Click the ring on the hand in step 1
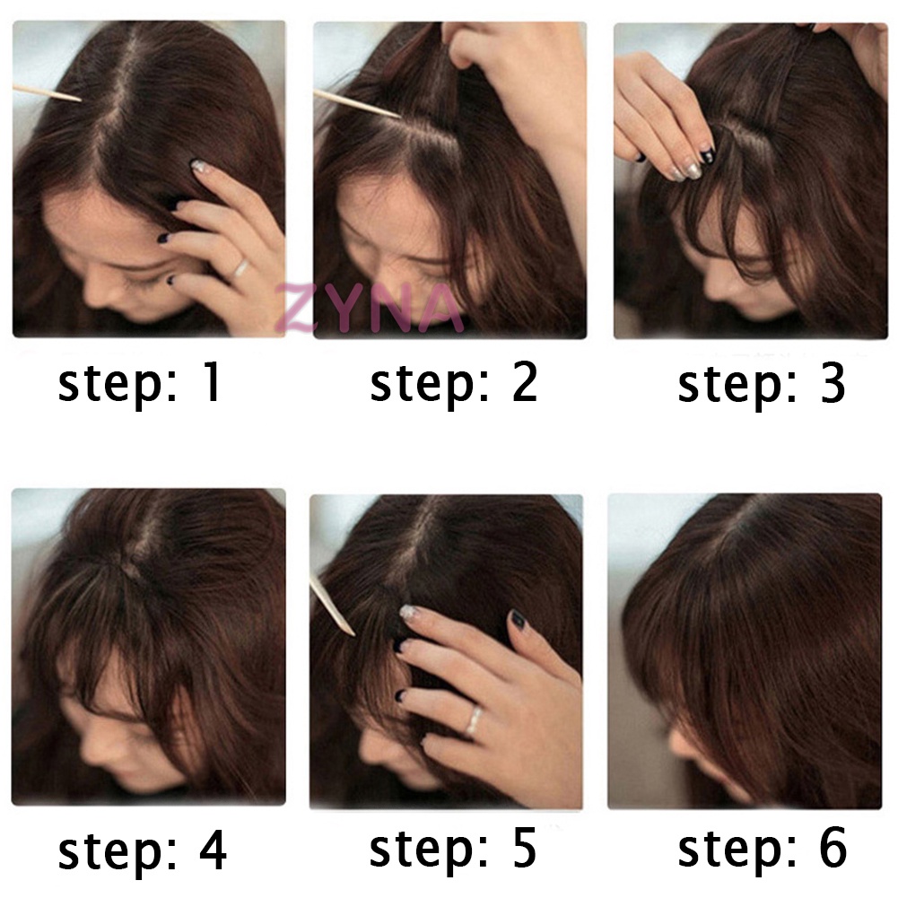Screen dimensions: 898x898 [x=239, y=266]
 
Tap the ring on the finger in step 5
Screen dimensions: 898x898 [x=474, y=719]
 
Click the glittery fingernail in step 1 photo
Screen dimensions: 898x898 [x=199, y=167]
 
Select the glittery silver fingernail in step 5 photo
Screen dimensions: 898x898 [x=408, y=613]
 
